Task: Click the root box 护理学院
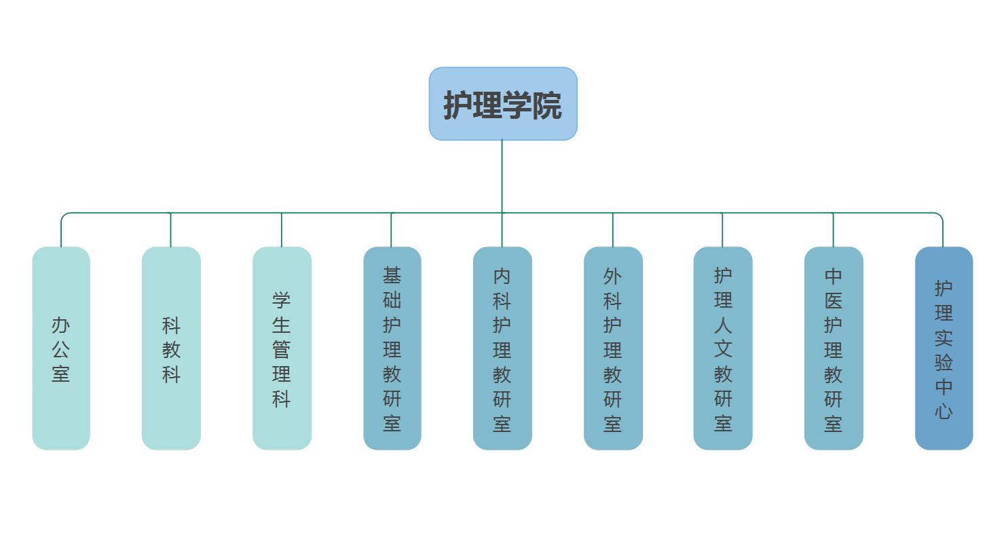pos(502,104)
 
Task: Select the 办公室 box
pos(61,348)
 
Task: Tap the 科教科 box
pos(171,348)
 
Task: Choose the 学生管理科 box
pos(282,348)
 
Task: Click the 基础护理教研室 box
pos(392,348)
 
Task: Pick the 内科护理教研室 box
pos(502,348)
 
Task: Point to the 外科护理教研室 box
pos(613,348)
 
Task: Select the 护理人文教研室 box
pos(723,348)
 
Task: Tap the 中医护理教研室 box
pos(834,348)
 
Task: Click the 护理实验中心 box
pos(944,348)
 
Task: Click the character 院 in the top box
pos(547,105)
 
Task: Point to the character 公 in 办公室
pos(61,350)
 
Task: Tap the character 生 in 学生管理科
pos(282,325)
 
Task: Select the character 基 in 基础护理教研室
pos(392,275)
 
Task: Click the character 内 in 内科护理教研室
pos(502,276)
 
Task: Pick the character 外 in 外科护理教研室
pos(613,276)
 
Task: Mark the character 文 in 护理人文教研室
pos(723,349)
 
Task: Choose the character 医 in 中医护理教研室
pos(834,300)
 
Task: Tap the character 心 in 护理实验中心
pos(944,411)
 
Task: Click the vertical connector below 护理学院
pos(502,177)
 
